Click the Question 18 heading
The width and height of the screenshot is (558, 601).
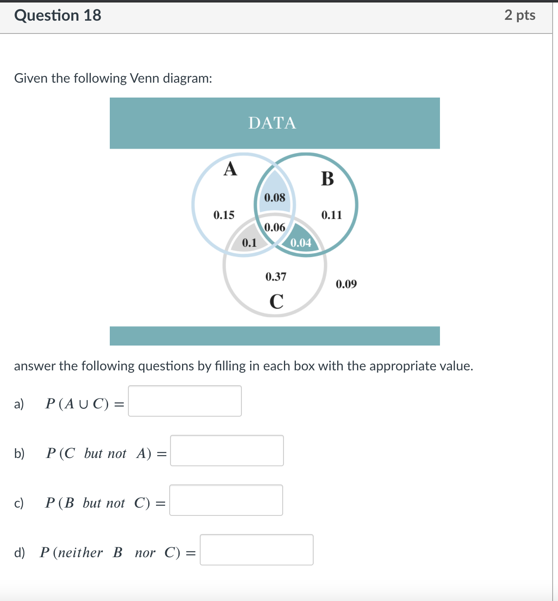pos(57,15)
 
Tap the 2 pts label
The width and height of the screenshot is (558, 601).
pos(520,15)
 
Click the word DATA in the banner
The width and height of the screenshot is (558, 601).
pos(272,123)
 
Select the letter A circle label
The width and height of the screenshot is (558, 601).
pos(230,169)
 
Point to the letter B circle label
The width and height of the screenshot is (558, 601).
pos(327,179)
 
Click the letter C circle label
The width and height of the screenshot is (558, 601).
pos(277,301)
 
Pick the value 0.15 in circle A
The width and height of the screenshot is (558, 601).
pos(224,215)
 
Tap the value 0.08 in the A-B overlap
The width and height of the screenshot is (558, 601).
pos(274,198)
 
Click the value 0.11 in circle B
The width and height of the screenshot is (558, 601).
pos(332,215)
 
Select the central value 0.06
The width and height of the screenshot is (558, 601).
pos(274,227)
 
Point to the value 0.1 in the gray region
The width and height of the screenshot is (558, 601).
pos(249,243)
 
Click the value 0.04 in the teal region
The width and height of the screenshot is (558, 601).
pos(301,243)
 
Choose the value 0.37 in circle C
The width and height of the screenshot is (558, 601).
pos(276,277)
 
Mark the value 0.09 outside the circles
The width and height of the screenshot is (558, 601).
pos(346,284)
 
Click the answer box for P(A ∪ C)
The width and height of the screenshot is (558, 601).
pos(185,401)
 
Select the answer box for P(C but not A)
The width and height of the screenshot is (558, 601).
pos(227,451)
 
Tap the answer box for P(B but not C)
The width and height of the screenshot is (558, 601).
pos(226,500)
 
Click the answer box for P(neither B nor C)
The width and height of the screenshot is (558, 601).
pos(257,550)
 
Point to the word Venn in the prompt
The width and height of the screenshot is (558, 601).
pos(144,78)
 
